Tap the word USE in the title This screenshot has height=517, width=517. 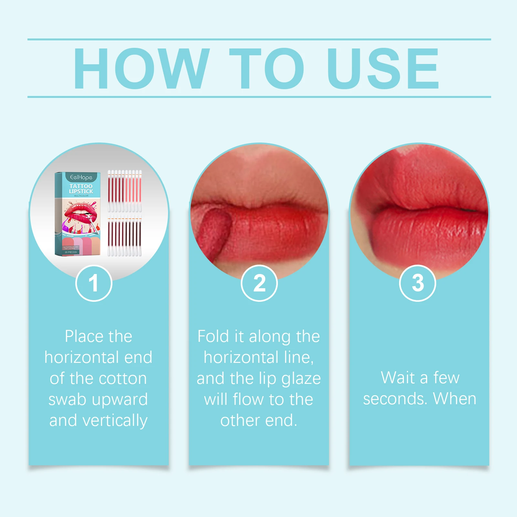tap(383, 69)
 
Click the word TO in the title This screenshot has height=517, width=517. tap(267, 69)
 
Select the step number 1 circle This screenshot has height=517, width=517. tap(94, 283)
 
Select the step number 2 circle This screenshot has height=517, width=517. tap(259, 283)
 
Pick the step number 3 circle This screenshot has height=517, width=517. tap(417, 283)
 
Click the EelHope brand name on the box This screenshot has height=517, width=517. tap(81, 177)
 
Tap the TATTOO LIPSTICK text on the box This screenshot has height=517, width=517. tap(81, 189)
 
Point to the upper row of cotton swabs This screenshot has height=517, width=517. tap(125, 191)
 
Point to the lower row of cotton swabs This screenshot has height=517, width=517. tap(125, 236)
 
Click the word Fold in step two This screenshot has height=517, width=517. tap(213, 336)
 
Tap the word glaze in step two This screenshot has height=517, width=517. tap(301, 378)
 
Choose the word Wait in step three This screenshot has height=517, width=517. tap(397, 377)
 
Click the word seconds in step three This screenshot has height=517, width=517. tap(393, 399)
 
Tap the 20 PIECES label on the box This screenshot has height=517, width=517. tap(71, 252)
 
